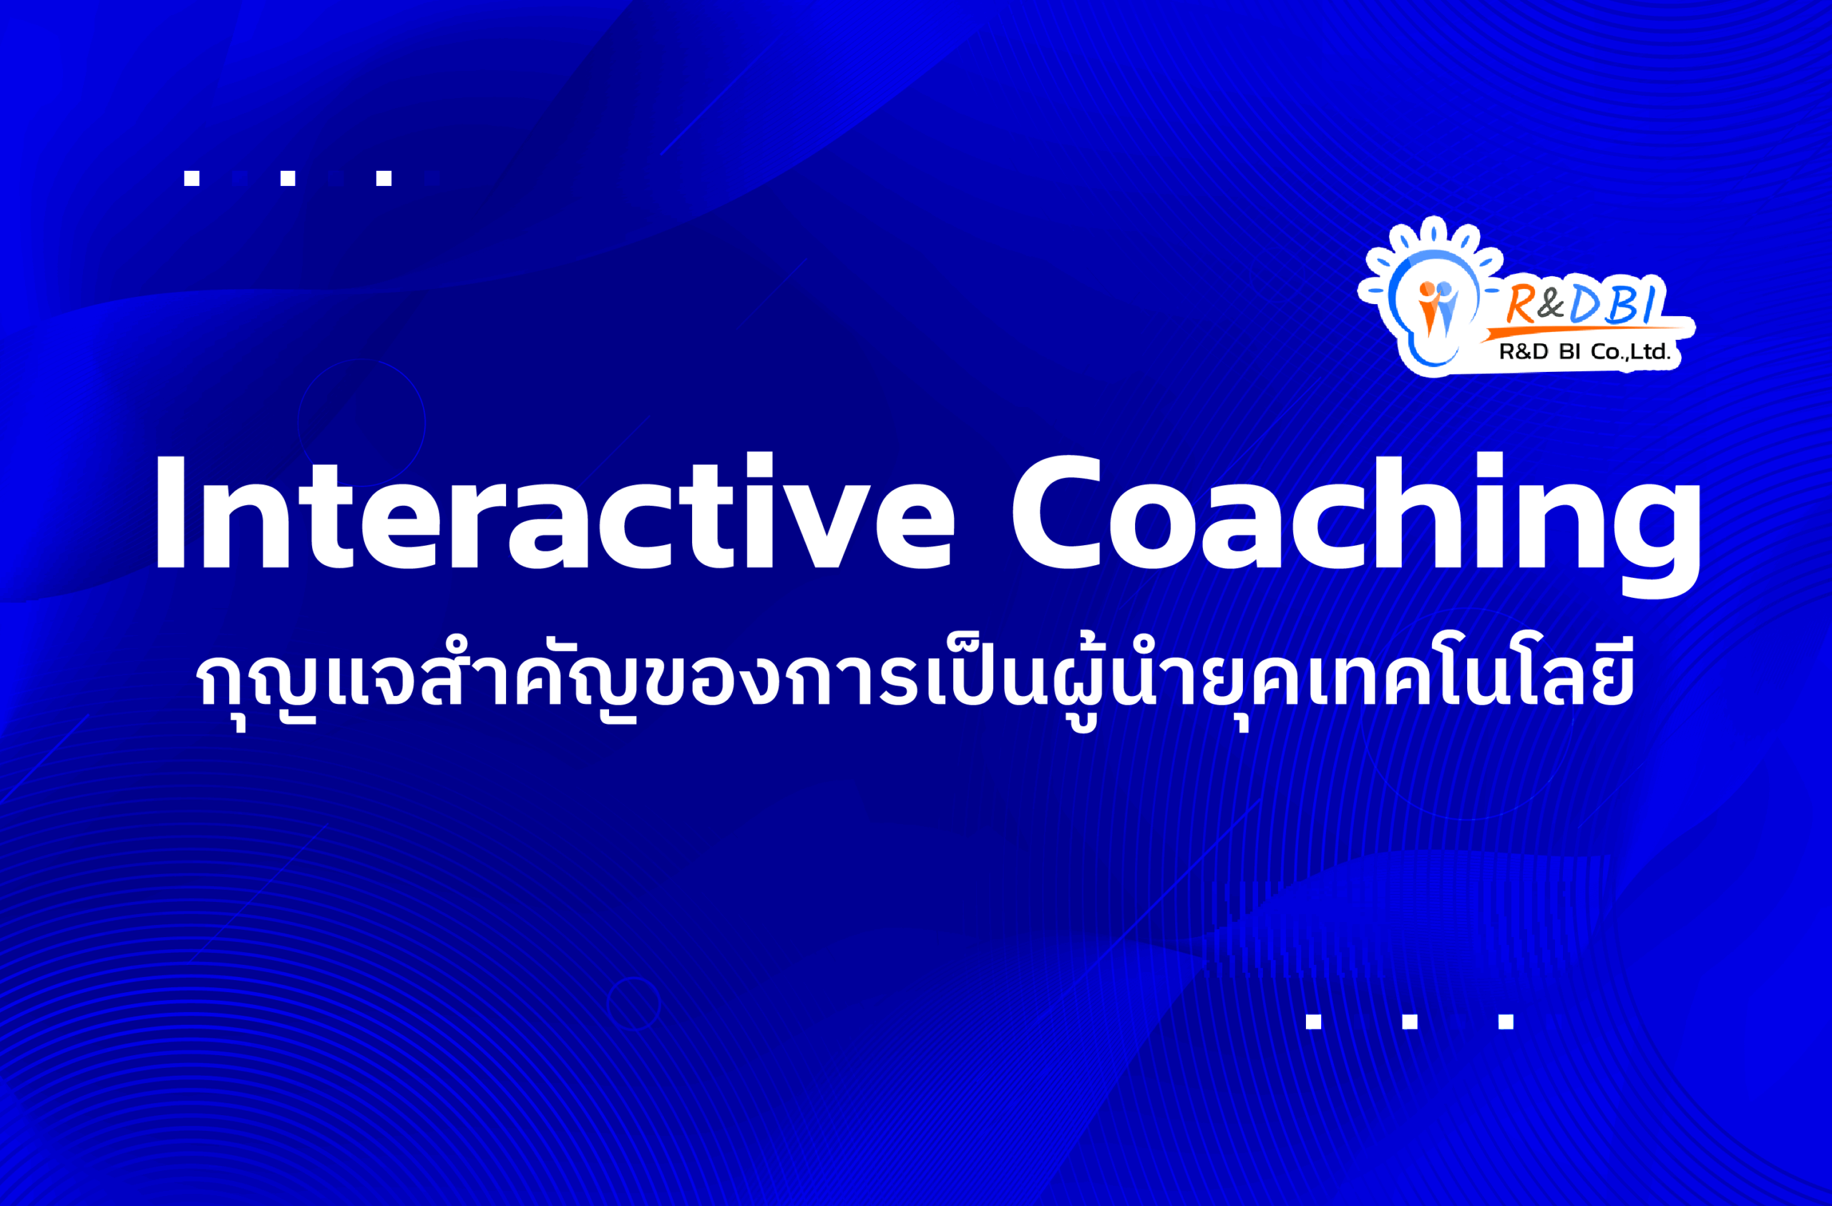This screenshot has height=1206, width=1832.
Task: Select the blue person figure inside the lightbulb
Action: (x=1445, y=308)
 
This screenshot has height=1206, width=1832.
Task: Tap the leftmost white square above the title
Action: (x=192, y=178)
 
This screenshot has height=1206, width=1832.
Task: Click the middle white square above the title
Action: (x=288, y=178)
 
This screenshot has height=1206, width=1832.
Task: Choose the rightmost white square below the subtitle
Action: (x=1506, y=1021)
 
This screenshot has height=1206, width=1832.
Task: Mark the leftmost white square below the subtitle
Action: (x=1313, y=1021)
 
